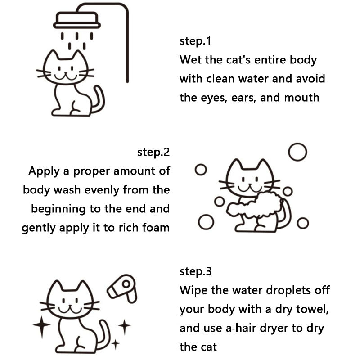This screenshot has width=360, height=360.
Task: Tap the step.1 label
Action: (195, 41)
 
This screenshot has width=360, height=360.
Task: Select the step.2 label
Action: (153, 152)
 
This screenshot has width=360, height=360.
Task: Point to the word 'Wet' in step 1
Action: (190, 60)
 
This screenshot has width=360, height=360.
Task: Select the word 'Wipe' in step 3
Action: (193, 290)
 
